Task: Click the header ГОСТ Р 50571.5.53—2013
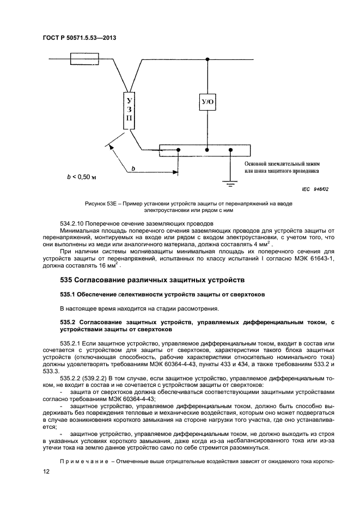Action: click(x=80, y=38)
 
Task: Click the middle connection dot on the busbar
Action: click(x=207, y=149)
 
